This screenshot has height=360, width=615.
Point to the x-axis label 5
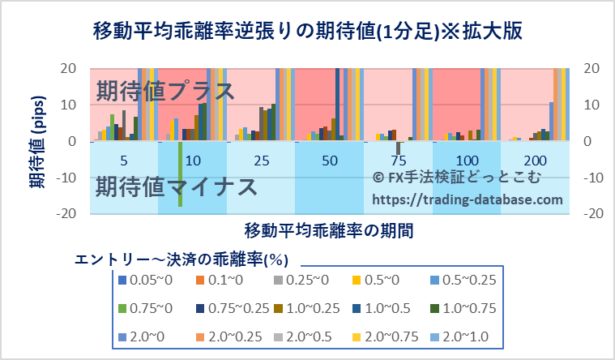point(122,161)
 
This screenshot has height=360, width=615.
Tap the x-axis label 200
point(535,161)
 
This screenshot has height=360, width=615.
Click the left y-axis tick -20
point(66,213)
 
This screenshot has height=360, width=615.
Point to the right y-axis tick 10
point(592,105)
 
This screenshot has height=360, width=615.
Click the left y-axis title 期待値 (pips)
point(36,142)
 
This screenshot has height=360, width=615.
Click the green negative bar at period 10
point(180,174)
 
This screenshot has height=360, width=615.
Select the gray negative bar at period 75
point(398,148)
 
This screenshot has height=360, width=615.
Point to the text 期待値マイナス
point(177,188)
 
